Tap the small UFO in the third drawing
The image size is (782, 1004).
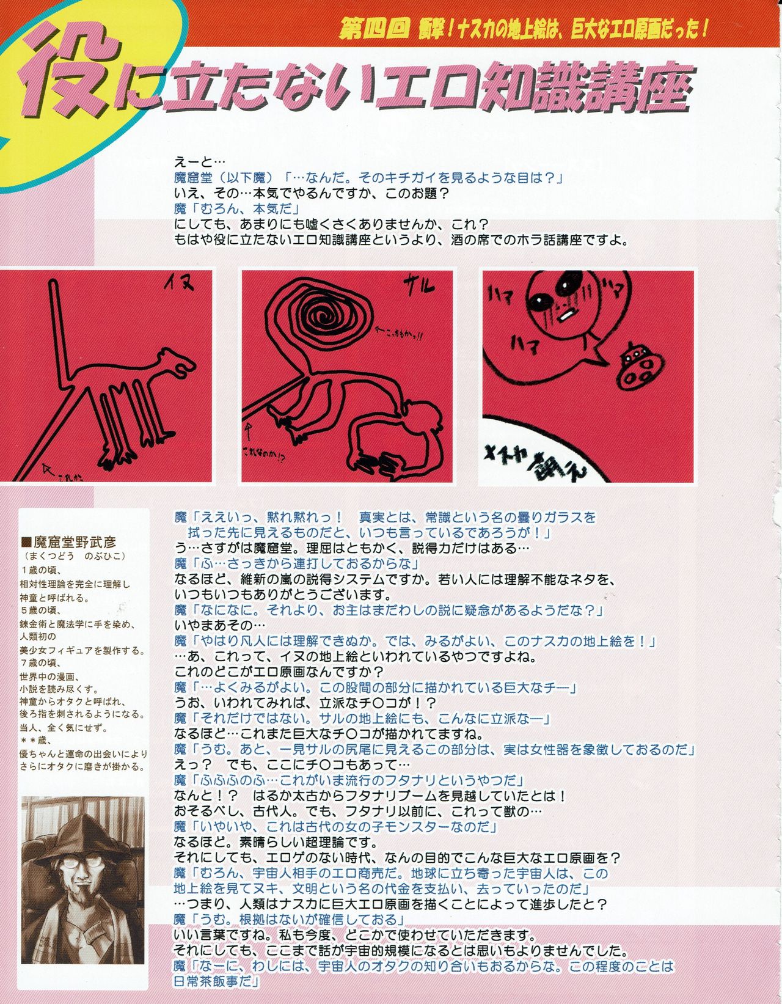[637, 366]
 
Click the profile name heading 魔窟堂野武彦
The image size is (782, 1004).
[73, 541]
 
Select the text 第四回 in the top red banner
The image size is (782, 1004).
[373, 29]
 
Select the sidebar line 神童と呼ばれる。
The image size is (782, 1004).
[55, 598]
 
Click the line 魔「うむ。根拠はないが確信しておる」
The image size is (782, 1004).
[291, 920]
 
